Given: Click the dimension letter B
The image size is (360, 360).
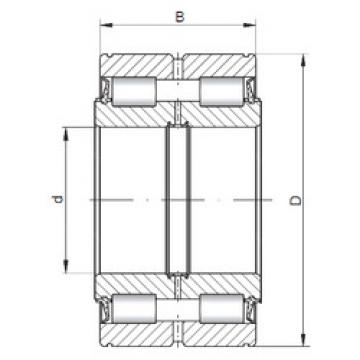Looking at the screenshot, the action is click(180, 17).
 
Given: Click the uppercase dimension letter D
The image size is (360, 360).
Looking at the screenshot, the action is click(296, 200).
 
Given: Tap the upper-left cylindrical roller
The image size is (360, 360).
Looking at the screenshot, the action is click(134, 91).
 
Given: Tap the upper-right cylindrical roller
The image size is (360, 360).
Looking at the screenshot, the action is click(223, 91).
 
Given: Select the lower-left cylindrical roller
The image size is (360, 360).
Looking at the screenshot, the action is click(134, 309).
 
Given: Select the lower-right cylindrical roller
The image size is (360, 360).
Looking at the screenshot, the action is click(223, 309).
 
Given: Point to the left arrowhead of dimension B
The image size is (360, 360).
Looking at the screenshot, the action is click(106, 25).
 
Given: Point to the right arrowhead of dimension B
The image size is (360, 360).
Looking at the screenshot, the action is click(249, 25).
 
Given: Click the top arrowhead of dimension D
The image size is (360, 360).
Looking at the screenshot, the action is click(303, 60).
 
